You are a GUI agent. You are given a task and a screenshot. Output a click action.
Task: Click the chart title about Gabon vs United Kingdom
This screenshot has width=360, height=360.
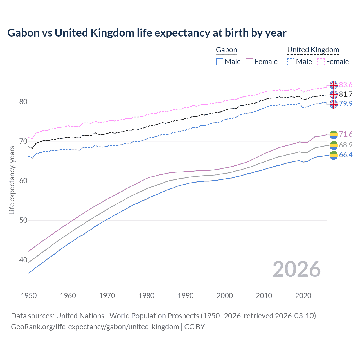coord(147,33)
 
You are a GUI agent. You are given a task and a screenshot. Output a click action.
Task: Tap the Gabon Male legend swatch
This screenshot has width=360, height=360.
coord(220,62)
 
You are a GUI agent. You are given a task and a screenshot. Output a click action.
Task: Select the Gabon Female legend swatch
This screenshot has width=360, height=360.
coord(249,62)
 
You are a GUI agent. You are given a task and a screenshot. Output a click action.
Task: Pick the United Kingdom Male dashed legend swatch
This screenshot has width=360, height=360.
coord(291,62)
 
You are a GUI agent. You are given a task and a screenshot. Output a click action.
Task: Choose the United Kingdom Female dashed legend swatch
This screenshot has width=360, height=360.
coord(321,62)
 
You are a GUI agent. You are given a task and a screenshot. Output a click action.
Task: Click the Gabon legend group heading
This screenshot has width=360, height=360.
coord(226,50)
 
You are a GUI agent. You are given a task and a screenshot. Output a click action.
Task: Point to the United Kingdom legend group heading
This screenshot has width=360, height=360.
coord(313,50)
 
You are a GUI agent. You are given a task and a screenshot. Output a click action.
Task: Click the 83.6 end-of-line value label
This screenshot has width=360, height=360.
coord(346,85)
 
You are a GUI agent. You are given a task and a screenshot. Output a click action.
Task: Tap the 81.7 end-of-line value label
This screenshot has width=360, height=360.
coord(346,94)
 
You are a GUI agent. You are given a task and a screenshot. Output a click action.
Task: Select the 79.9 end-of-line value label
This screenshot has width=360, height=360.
coord(346,103)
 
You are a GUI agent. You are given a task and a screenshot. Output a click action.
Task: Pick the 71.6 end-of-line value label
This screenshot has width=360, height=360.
coord(346,134)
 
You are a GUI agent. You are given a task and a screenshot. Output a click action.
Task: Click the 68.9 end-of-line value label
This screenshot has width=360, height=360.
coord(346,145)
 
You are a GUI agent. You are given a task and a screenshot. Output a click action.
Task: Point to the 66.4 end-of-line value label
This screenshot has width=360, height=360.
coord(346,155)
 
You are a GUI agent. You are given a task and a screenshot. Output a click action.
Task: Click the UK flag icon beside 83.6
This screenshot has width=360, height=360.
coord(334,85)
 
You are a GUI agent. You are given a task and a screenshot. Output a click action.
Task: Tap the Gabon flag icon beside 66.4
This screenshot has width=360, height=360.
coord(334,155)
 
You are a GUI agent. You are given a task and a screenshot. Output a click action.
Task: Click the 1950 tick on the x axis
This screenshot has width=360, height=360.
coord(29,296)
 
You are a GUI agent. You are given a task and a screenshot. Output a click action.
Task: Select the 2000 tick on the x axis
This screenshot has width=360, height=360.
coord(225,296)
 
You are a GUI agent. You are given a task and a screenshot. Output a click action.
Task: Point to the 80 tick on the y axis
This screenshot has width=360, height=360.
coord(23,102)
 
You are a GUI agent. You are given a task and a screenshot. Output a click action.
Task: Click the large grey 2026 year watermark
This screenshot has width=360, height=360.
coord(296,269)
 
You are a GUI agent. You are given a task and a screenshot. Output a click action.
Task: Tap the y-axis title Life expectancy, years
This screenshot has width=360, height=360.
coord(12,180)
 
